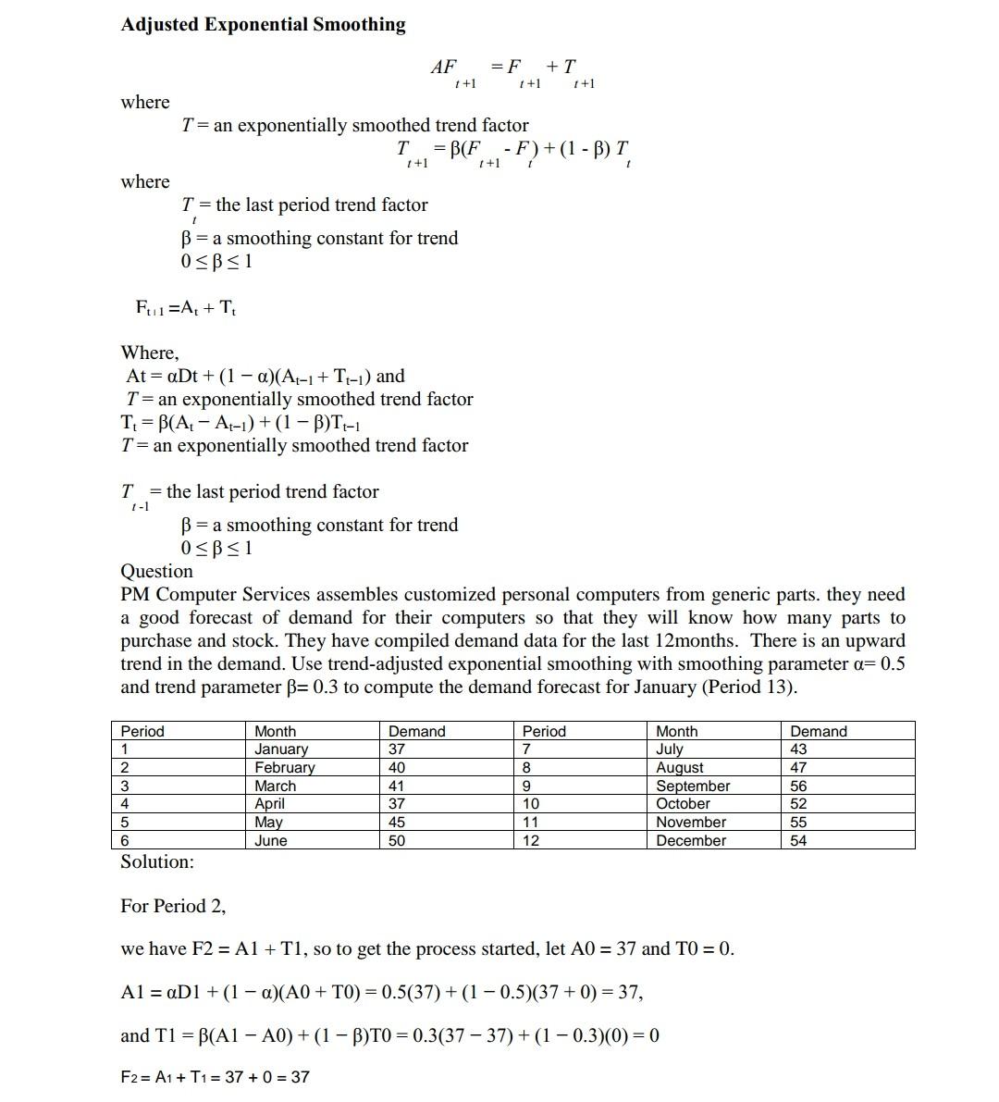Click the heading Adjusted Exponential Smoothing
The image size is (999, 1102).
pyautogui.click(x=263, y=25)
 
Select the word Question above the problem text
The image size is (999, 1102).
pyautogui.click(x=156, y=571)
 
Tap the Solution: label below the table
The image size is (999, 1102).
pyautogui.click(x=157, y=861)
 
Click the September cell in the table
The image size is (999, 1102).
pyautogui.click(x=693, y=786)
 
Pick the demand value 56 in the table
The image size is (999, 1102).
pyautogui.click(x=798, y=786)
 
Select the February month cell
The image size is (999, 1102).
pyautogui.click(x=284, y=767)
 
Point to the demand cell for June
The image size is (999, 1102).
pyautogui.click(x=396, y=840)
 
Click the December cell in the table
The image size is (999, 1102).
pyautogui.click(x=691, y=840)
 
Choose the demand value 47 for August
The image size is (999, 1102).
pyautogui.click(x=798, y=767)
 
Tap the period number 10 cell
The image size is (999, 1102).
pyautogui.click(x=531, y=804)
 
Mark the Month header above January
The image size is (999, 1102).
pyautogui.click(x=275, y=731)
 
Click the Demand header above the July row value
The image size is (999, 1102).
pyautogui.click(x=818, y=731)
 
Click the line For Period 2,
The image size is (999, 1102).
pyautogui.click(x=173, y=906)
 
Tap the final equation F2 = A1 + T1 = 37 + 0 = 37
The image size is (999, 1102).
pyautogui.click(x=215, y=1077)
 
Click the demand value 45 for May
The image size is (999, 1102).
pyautogui.click(x=396, y=822)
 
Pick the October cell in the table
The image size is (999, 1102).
pyautogui.click(x=683, y=804)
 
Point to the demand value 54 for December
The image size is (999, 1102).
pyautogui.click(x=798, y=840)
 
